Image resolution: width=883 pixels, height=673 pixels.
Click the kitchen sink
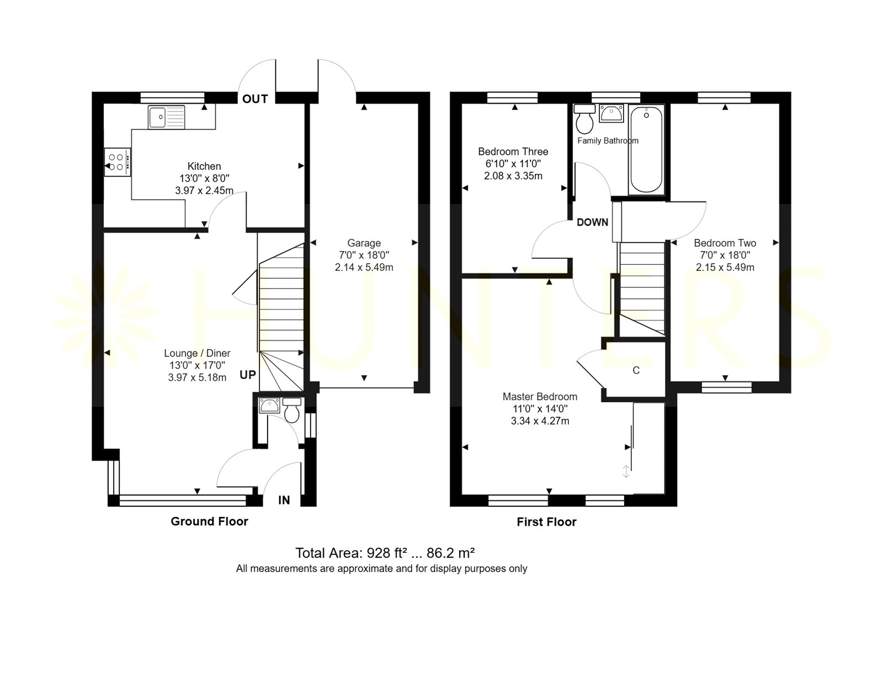tap(166, 117)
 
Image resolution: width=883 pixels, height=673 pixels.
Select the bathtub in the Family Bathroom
tap(646, 149)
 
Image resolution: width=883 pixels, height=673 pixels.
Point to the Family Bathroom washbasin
tap(611, 113)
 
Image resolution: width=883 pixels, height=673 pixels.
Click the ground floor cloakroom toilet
tap(291, 410)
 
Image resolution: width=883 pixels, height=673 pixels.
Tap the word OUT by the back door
tap(255, 99)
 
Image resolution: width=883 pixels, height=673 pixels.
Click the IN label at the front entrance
tap(284, 500)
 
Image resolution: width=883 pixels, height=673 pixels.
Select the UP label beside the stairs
tap(248, 375)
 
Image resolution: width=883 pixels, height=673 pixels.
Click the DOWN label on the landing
tap(593, 222)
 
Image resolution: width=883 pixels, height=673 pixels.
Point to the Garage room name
tap(364, 243)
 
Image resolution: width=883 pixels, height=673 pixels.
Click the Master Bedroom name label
tap(540, 397)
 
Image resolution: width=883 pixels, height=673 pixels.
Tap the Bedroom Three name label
tap(513, 152)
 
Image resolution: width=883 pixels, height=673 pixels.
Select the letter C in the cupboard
tap(636, 370)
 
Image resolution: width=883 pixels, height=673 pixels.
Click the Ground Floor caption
tap(210, 521)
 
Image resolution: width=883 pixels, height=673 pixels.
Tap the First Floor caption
tap(547, 522)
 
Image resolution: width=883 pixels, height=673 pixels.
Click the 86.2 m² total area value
tap(450, 553)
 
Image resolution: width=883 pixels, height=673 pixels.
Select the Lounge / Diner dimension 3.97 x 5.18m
tap(197, 377)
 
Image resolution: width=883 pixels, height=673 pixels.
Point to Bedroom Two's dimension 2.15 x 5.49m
tap(725, 268)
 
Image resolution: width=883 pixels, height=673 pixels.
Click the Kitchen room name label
tap(204, 166)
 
